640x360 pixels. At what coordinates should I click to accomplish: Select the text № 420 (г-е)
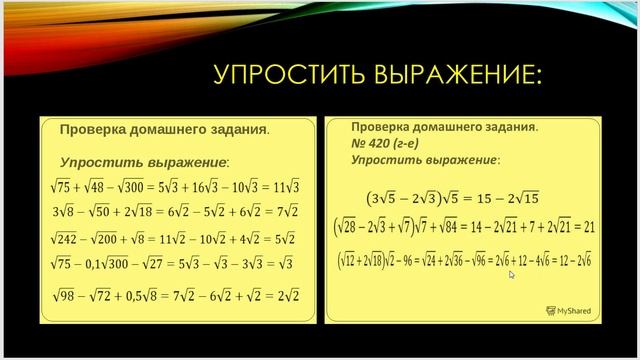tap(384, 143)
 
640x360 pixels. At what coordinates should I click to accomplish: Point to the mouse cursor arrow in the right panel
tap(511, 274)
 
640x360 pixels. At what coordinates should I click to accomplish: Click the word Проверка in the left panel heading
tap(92, 130)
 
